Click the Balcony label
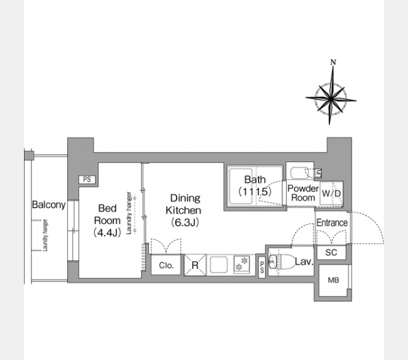pyautogui.click(x=49, y=205)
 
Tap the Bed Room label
pyautogui.click(x=107, y=214)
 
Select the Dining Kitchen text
pyautogui.click(x=184, y=204)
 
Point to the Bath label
pyautogui.click(x=255, y=179)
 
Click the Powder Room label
pyautogui.click(x=303, y=193)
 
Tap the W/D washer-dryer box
pyautogui.click(x=331, y=193)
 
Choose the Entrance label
pyautogui.click(x=332, y=223)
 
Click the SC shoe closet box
pyautogui.click(x=331, y=253)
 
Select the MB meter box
pyautogui.click(x=334, y=280)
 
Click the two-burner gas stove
pyautogui.click(x=242, y=264)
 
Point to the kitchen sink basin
pyautogui.click(x=218, y=265)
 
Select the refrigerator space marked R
pyautogui.click(x=195, y=265)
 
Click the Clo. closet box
pyautogui.click(x=166, y=265)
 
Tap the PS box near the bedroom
pyautogui.click(x=87, y=179)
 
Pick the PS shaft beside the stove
pyautogui.click(x=262, y=268)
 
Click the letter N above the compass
pyautogui.click(x=333, y=62)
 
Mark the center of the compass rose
pyautogui.click(x=331, y=99)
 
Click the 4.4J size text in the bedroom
pyautogui.click(x=107, y=232)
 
